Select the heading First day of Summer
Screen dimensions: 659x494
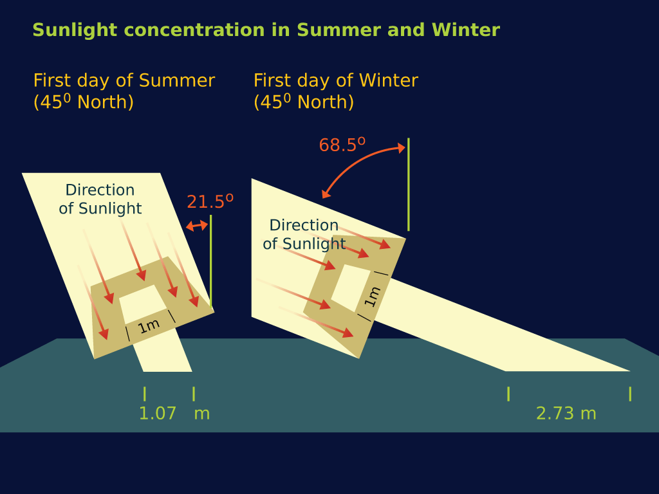click(124, 80)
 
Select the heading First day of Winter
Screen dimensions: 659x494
click(336, 80)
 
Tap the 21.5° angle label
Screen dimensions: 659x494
click(210, 201)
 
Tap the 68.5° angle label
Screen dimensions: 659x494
click(342, 145)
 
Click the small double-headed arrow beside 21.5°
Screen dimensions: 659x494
click(197, 226)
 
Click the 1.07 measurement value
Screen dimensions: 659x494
click(157, 414)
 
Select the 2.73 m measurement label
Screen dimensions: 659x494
click(566, 414)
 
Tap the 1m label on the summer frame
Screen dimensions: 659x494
click(149, 326)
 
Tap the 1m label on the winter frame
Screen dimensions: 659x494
click(372, 297)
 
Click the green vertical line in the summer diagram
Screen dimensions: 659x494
click(210, 262)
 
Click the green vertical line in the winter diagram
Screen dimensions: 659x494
click(409, 185)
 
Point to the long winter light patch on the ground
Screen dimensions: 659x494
click(500, 332)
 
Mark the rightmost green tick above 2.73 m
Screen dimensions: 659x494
click(630, 394)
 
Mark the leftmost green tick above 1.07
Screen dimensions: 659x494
click(145, 394)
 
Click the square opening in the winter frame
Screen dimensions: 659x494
click(351, 288)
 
